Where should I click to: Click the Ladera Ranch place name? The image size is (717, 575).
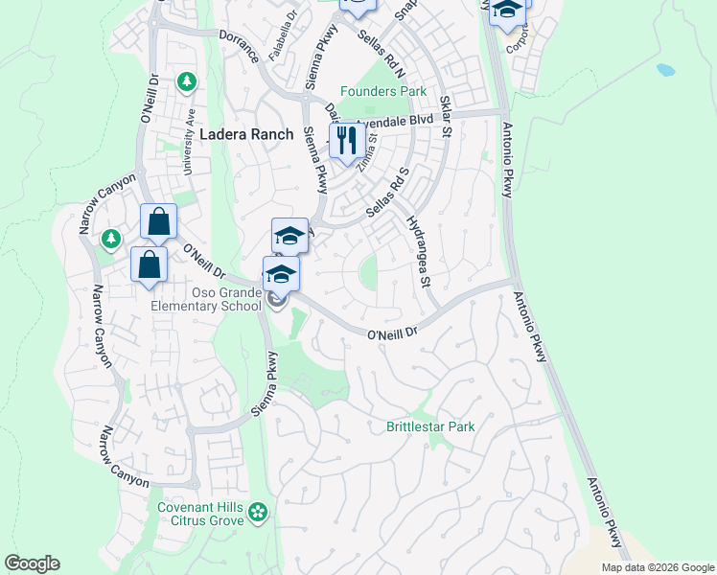(246, 135)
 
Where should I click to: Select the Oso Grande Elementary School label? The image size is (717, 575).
(206, 299)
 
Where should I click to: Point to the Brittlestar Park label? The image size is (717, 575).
(430, 425)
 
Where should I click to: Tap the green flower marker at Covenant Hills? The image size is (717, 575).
(257, 514)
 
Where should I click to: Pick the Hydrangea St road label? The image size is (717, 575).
(419, 252)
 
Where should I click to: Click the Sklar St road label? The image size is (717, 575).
(445, 116)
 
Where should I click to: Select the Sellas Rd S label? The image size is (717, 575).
(387, 192)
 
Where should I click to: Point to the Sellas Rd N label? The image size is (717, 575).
(382, 53)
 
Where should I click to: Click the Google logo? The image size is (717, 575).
(32, 563)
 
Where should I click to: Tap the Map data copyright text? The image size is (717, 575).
(658, 567)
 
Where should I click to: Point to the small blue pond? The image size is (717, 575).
(664, 70)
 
